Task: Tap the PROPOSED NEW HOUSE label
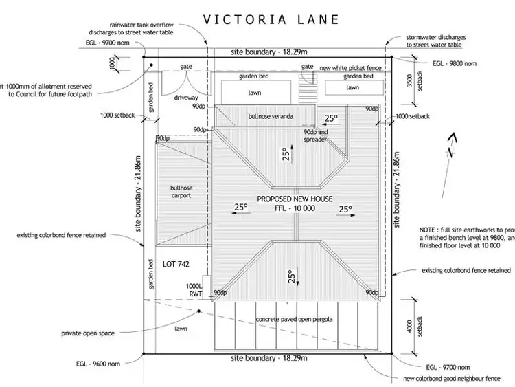(295, 199)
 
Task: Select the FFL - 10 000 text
(295, 208)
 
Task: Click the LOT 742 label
(176, 264)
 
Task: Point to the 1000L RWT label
(196, 289)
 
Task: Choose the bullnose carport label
(181, 191)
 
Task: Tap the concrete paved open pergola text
(295, 320)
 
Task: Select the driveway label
(185, 98)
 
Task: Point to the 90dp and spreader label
(317, 135)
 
